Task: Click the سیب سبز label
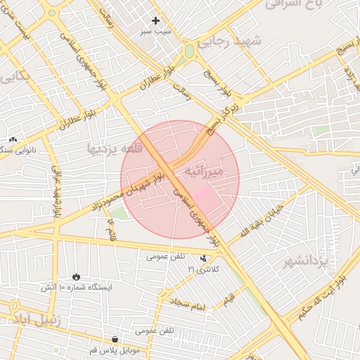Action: coord(156,32)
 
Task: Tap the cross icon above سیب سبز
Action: coord(155,20)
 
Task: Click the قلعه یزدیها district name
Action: coord(115,149)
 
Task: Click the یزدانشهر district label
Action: coord(305,262)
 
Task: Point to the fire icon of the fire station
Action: coord(76,276)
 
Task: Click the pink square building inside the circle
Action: coord(201,195)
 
